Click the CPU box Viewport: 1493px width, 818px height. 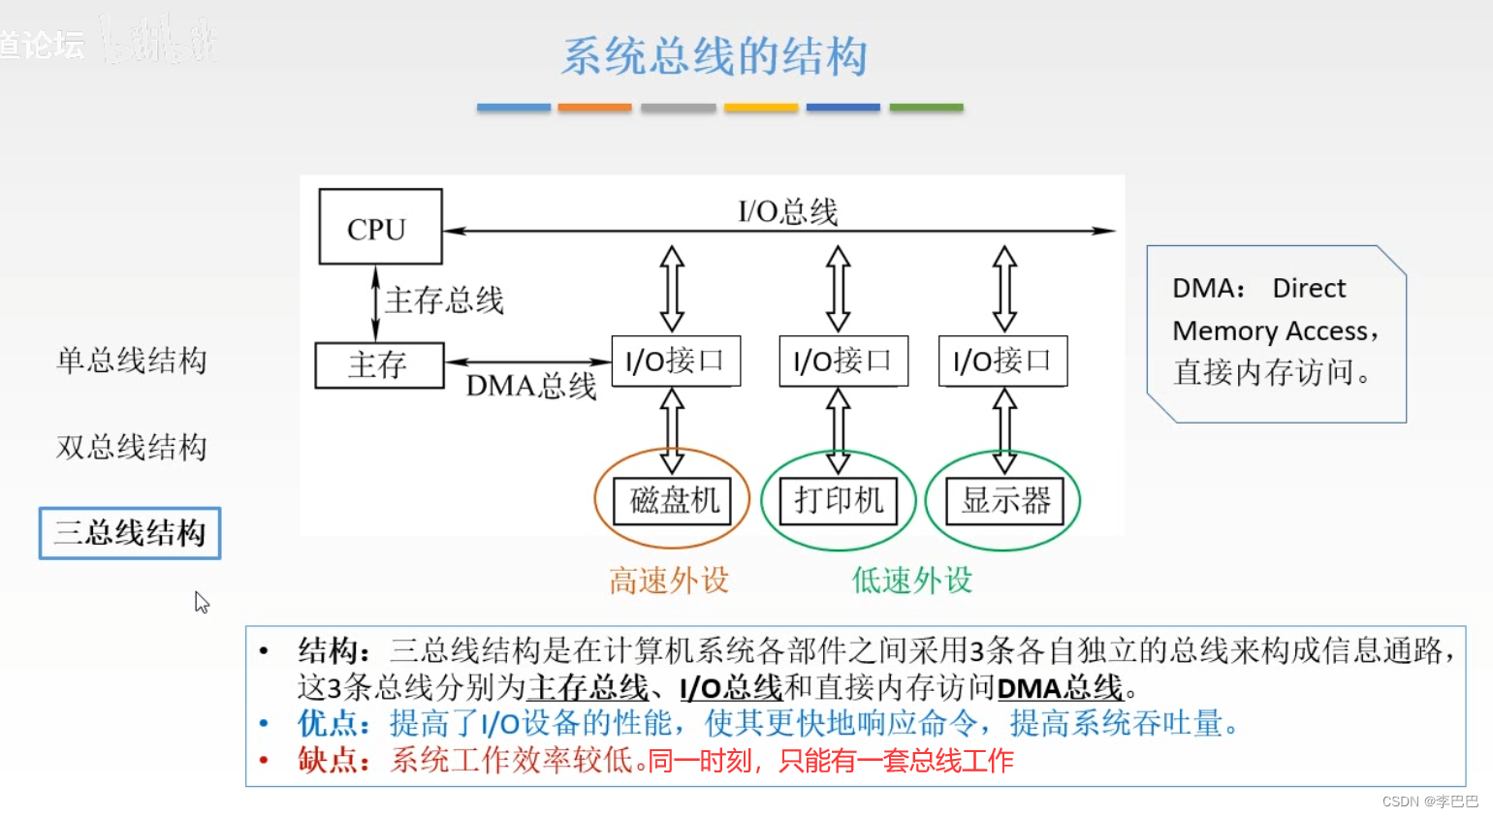point(380,227)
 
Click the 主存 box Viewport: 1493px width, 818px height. point(379,365)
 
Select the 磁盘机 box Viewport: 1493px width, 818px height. point(673,500)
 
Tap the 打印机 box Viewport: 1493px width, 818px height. point(839,500)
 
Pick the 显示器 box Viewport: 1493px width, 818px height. point(1004,500)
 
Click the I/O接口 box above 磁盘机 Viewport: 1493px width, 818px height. point(676,361)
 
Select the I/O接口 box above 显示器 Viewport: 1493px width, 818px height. point(1002,361)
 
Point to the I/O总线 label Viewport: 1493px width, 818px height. point(787,210)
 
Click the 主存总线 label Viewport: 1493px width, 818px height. point(444,300)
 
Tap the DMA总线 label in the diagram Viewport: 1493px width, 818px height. point(530,387)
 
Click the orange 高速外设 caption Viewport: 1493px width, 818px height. point(669,581)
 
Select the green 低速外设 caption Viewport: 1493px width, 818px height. point(911,581)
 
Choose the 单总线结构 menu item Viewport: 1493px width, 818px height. point(131,361)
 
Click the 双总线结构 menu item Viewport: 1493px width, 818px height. point(131,447)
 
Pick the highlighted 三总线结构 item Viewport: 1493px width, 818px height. point(130,533)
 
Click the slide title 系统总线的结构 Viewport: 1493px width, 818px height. point(715,55)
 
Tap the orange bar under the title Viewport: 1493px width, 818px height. point(594,108)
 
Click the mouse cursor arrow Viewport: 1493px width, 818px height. point(201,602)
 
